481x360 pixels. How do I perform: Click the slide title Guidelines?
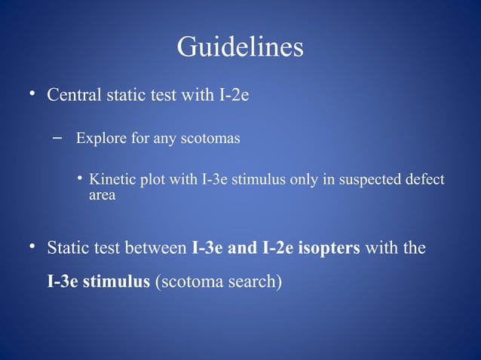point(240,48)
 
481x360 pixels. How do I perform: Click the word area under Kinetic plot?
point(103,196)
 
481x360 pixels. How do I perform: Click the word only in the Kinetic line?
point(293,180)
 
